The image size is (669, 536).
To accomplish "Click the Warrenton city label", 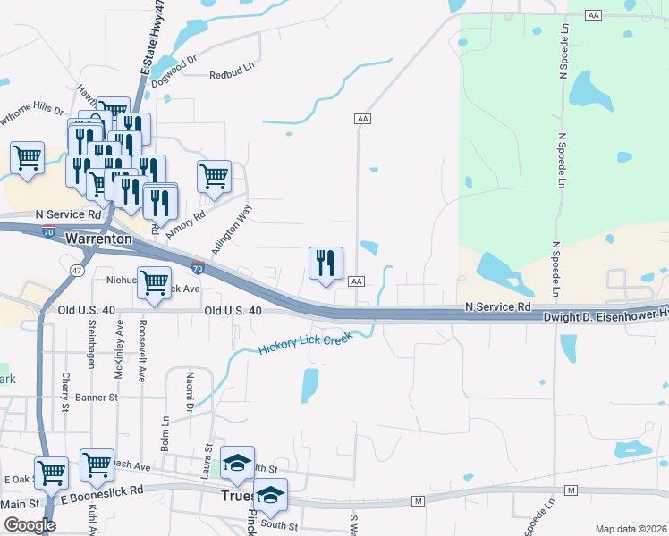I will click(x=99, y=239).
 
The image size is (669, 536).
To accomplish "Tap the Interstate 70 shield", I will click(x=198, y=267).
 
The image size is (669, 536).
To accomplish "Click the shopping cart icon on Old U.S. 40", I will click(x=155, y=284).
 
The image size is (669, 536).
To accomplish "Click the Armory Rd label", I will click(x=186, y=214).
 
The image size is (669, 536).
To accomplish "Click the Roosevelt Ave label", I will click(x=142, y=352).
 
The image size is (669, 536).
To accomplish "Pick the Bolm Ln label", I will click(x=165, y=429).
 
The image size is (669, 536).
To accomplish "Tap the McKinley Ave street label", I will click(x=119, y=352).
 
